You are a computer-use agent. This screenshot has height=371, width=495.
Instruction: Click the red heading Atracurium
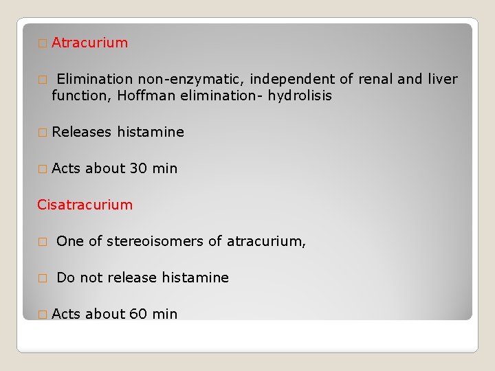[x=89, y=43]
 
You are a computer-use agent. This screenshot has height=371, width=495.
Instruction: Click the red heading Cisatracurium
[x=85, y=205]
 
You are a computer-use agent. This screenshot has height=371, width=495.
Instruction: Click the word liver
[x=441, y=79]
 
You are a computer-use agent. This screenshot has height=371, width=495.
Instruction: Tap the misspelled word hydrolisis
[x=296, y=95]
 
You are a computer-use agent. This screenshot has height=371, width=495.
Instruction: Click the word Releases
[x=81, y=132]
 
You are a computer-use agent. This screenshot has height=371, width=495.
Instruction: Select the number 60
[x=137, y=314]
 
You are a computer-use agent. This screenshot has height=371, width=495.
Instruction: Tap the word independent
[x=291, y=79]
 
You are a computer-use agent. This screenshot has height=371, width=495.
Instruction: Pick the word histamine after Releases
[x=151, y=132]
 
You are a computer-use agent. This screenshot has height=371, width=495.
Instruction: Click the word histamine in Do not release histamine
[x=195, y=278]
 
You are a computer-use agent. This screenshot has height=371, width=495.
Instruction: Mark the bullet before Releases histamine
[x=42, y=133]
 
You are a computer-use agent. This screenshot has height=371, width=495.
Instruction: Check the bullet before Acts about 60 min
[x=42, y=315]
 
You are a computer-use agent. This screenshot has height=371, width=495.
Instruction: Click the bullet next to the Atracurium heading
[x=42, y=43]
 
